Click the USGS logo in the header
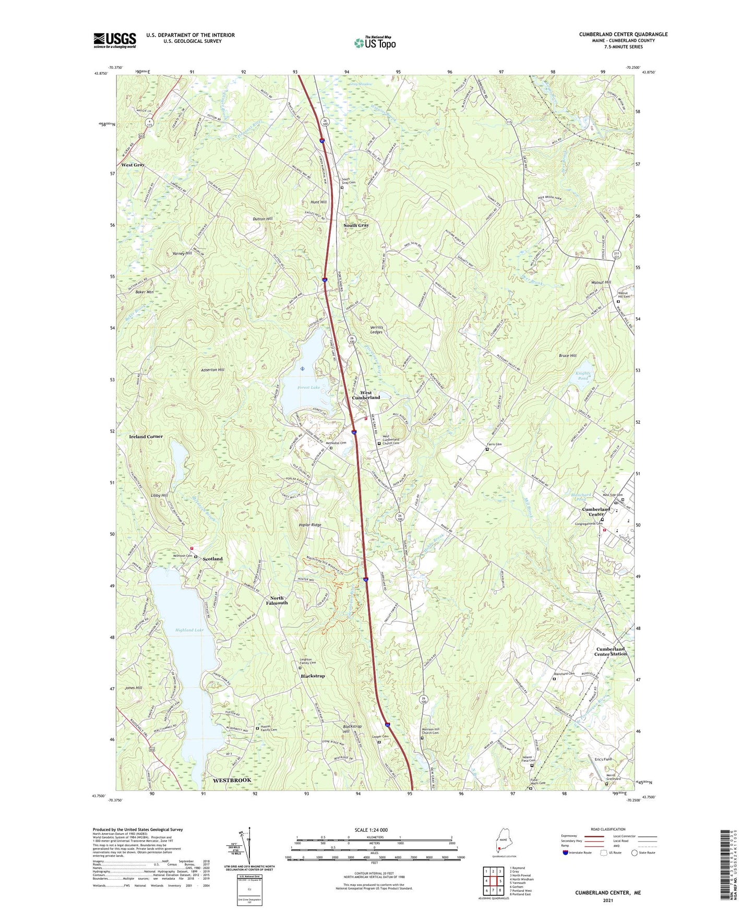[114, 40]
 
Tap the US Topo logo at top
[375, 43]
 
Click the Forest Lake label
[308, 388]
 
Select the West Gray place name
[133, 165]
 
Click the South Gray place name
[356, 225]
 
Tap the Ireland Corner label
[146, 436]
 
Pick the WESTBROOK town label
[232, 780]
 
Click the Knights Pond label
[583, 376]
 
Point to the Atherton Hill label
[212, 370]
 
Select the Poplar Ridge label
[310, 525]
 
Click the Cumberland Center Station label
[610, 651]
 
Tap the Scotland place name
[212, 559]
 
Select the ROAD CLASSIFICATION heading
[608, 829]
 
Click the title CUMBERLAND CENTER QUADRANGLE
[623, 34]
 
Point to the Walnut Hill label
[601, 282]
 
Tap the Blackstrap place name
[313, 676]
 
